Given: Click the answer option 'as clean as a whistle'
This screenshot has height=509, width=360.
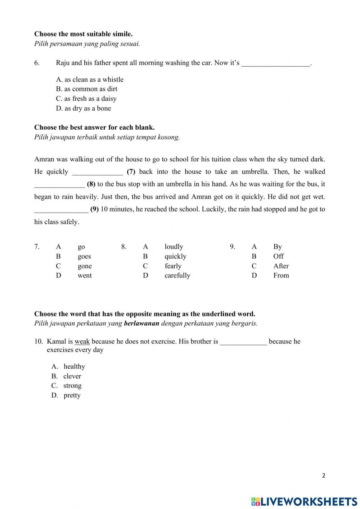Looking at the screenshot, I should [90, 80].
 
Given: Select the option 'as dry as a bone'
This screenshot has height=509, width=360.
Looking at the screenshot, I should [84, 108].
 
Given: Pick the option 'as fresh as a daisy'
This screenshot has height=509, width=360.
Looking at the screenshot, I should [86, 99].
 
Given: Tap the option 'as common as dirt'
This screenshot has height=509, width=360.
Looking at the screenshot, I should [87, 89].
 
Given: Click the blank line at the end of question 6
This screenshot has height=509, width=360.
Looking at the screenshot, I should [275, 63].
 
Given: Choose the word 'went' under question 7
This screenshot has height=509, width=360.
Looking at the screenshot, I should [85, 276].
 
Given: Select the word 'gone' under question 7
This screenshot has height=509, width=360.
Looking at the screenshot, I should [85, 266].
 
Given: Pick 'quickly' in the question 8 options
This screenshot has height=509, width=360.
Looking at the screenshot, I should [175, 256].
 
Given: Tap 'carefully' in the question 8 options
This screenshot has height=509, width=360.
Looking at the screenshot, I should [177, 276].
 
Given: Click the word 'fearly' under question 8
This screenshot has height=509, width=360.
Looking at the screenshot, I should [173, 266].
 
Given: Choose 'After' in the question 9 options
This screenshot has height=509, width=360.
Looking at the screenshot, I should [281, 266].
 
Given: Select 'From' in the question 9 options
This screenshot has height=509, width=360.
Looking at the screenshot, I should [281, 276].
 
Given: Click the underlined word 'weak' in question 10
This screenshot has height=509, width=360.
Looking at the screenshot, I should [82, 341].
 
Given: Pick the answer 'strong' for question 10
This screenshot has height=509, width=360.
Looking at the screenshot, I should [72, 386].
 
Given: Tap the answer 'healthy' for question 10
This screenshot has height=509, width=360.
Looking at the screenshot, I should [74, 367].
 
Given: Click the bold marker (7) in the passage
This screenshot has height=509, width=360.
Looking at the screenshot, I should [131, 172].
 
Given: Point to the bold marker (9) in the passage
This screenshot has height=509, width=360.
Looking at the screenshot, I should [94, 209].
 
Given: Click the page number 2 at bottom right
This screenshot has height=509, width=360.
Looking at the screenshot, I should [323, 475].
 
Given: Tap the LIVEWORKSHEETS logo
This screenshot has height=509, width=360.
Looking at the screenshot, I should [304, 501].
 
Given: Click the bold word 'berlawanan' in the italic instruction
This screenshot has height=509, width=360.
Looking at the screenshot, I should [141, 323].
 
